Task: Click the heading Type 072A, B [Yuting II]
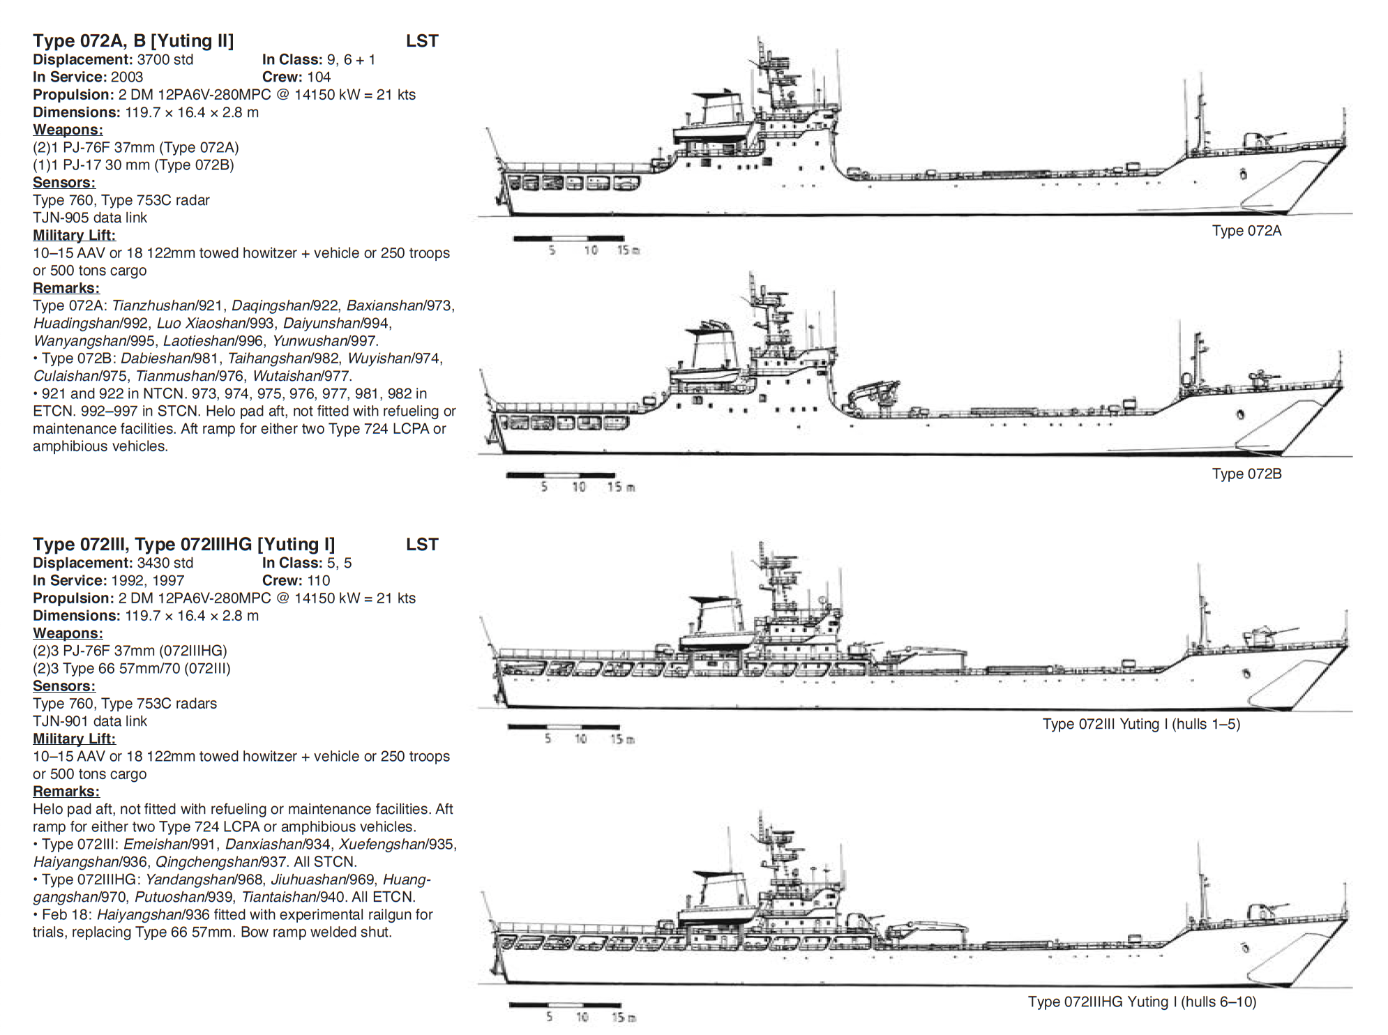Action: (x=133, y=41)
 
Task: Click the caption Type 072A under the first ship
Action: (x=1246, y=231)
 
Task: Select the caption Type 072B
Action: (x=1246, y=474)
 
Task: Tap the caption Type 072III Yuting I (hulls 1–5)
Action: (x=1141, y=724)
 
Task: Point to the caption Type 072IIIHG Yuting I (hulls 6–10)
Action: (x=1142, y=1002)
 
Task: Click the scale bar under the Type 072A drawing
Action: (x=568, y=239)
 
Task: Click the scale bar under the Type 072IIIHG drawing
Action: (x=564, y=1005)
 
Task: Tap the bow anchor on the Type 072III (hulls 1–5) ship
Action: (x=1246, y=673)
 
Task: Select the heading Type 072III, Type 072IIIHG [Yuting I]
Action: (x=184, y=545)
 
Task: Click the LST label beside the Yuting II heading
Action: (x=422, y=41)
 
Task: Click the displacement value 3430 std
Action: (x=165, y=563)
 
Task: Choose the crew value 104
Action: (x=318, y=77)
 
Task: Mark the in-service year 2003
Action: (x=127, y=77)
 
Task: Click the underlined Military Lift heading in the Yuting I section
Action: (x=75, y=739)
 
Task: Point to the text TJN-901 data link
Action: (x=90, y=721)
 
